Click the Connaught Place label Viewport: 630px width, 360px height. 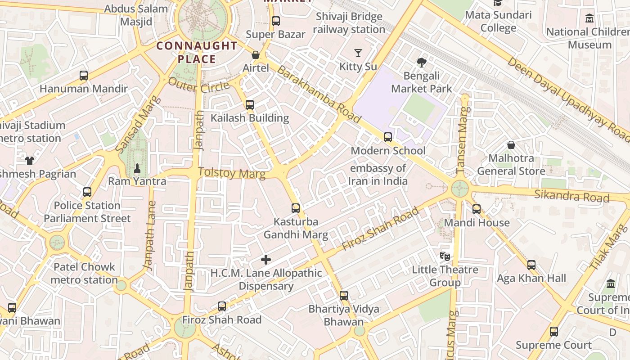[x=197, y=52]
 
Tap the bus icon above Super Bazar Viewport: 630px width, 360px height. [x=276, y=21]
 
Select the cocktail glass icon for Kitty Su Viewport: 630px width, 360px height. [x=358, y=53]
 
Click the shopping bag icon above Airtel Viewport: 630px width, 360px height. [x=256, y=55]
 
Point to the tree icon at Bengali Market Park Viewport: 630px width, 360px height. [x=421, y=63]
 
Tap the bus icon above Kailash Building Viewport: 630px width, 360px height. [x=250, y=105]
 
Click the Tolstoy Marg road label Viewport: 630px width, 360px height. [x=232, y=173]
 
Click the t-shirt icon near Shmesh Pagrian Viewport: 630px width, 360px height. [x=30, y=160]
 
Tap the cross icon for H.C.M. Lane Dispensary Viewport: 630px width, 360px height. [x=266, y=260]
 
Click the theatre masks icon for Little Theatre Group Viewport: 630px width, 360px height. [x=445, y=256]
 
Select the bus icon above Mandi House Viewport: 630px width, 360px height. [x=477, y=209]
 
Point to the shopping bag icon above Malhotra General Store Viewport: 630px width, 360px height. [x=511, y=145]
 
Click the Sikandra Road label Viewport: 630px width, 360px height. [x=571, y=196]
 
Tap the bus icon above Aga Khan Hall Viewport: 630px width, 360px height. [x=531, y=265]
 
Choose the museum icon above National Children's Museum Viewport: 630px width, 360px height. [x=589, y=18]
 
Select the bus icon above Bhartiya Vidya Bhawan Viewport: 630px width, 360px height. [x=344, y=296]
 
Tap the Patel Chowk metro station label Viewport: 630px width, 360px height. [x=84, y=273]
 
